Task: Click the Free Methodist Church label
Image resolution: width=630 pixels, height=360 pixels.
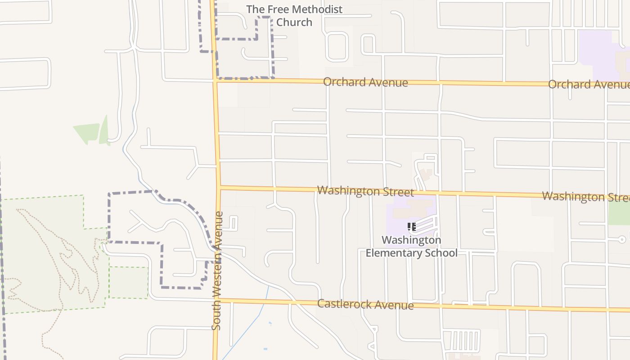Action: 294,16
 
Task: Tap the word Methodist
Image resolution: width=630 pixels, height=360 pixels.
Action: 315,9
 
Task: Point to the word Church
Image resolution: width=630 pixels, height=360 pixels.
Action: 294,22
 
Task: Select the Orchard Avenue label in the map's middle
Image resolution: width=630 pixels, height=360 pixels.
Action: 365,82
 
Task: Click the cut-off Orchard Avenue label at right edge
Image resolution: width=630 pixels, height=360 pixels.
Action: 589,85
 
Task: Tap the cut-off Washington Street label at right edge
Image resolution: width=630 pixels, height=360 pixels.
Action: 585,197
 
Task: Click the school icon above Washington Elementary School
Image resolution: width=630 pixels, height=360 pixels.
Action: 411,227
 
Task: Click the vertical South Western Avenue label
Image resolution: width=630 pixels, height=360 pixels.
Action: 218,270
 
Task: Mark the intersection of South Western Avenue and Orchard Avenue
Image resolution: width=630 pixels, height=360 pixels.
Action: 215,81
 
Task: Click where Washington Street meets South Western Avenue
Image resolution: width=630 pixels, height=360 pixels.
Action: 219,187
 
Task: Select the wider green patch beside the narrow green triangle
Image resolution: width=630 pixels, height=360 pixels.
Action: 87,133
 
